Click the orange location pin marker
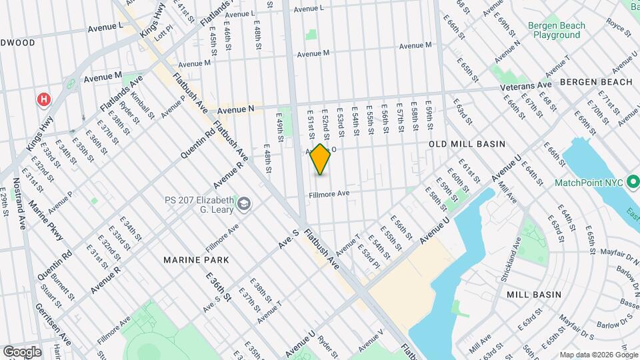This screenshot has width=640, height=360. tap(321, 159)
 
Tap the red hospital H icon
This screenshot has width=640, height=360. tap(44, 100)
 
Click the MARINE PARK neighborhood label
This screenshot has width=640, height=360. tap(197, 259)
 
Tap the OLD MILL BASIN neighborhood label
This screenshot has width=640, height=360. tap(467, 144)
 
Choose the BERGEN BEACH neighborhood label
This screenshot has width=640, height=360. tap(596, 82)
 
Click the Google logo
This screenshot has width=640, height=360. tap(22, 352)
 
